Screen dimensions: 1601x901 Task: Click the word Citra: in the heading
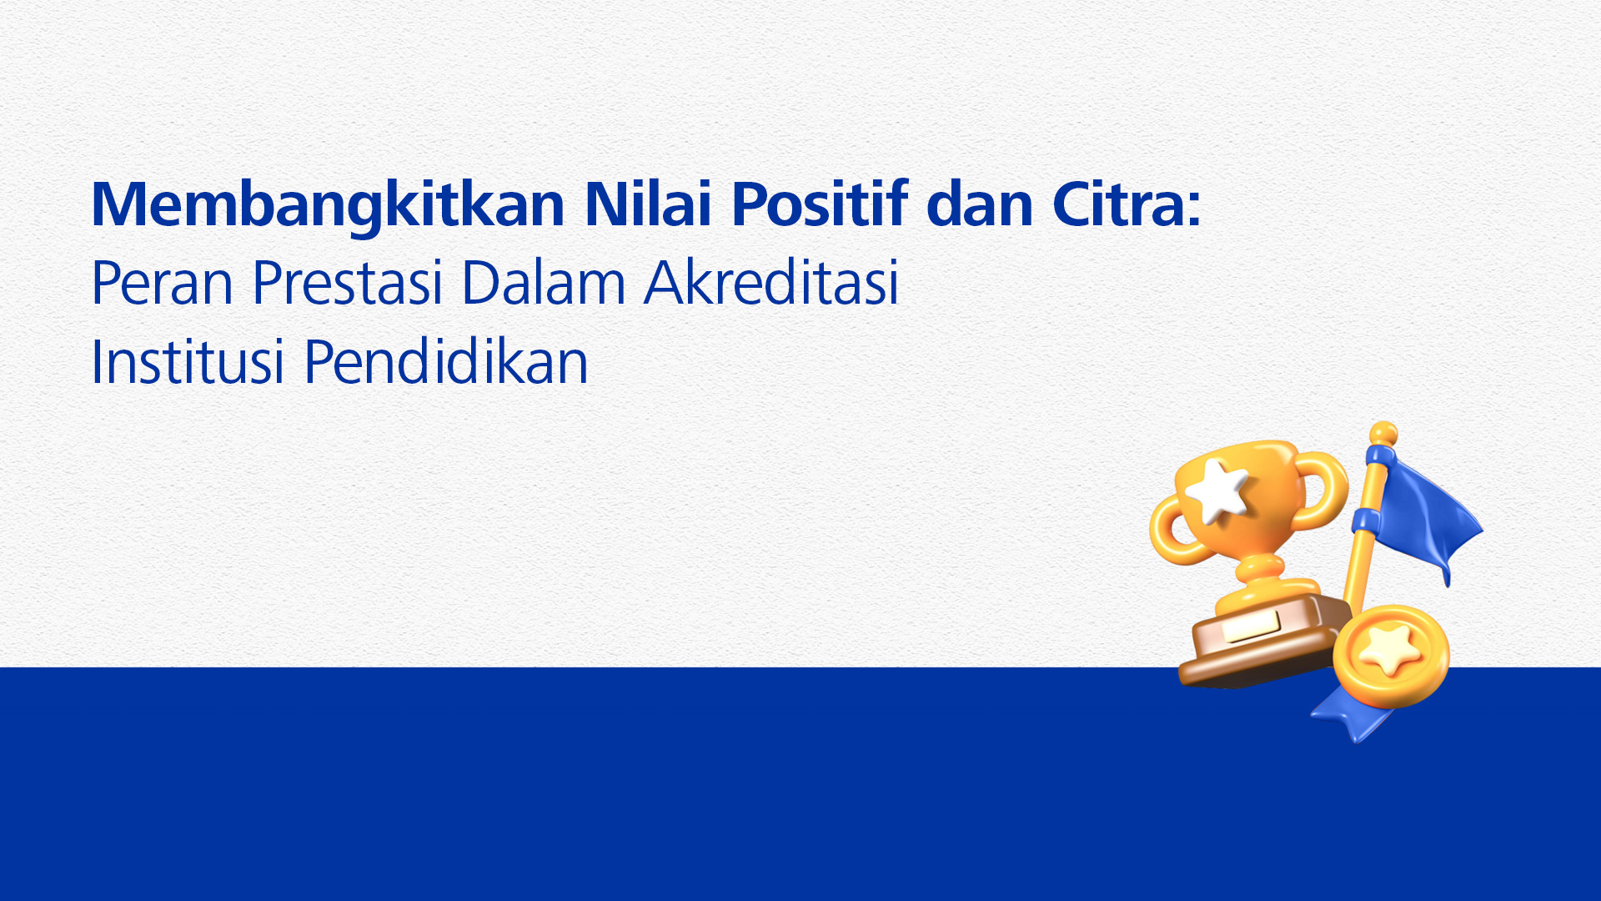pos(1127,204)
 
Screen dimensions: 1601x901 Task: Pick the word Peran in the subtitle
pos(162,283)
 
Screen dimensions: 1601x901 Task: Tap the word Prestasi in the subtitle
pos(347,283)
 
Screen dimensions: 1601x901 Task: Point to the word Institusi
pos(188,362)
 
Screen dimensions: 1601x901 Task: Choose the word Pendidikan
pos(446,361)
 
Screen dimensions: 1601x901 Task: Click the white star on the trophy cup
pos(1217,491)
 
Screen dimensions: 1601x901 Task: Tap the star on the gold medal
pos(1389,651)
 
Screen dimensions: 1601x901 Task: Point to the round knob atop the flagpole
pos(1383,433)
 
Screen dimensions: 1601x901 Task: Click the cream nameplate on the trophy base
pos(1251,626)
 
